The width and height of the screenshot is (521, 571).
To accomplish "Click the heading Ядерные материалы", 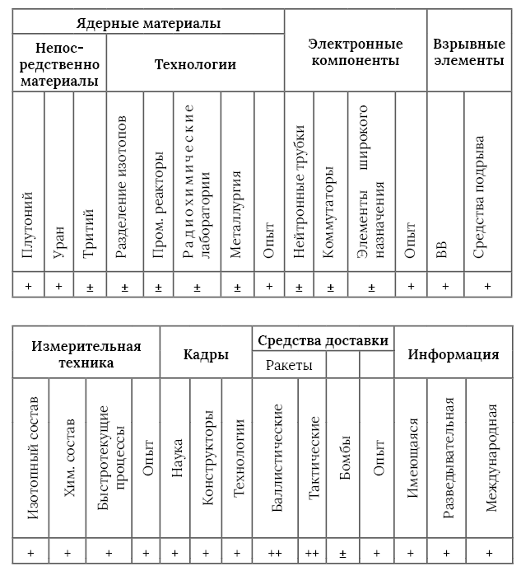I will coord(148,23).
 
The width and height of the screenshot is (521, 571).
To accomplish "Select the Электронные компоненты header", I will coord(355,51).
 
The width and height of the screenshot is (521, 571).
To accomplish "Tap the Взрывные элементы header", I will coord(468,51).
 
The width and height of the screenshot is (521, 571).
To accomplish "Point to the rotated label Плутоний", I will coord(28,225).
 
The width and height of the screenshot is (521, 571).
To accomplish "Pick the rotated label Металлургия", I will coord(236,215).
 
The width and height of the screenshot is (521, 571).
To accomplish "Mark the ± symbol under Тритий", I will coord(89,287).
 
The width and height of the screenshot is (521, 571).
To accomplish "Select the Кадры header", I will coord(206,354).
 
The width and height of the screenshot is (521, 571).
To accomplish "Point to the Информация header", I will coord(454,354).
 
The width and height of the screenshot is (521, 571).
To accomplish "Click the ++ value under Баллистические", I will coord(275,553).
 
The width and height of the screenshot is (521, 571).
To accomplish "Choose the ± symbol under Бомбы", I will coord(343,553).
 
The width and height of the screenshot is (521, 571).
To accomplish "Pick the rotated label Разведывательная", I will coord(448,457).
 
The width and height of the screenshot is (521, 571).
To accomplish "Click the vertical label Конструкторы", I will coord(206,461).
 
